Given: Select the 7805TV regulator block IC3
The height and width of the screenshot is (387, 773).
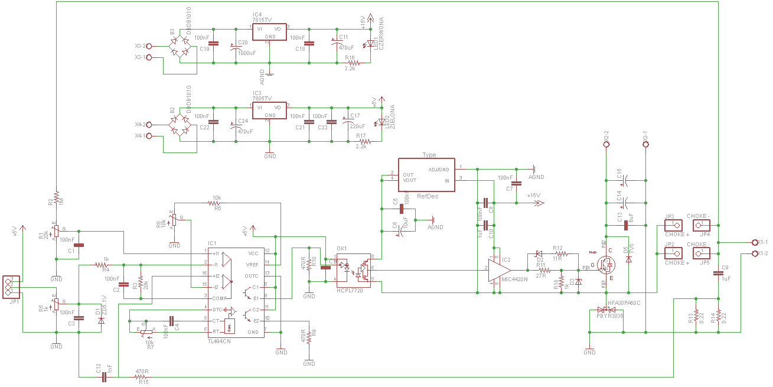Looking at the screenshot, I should pos(269,110).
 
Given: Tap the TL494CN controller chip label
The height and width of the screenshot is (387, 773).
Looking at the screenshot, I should pos(220,342).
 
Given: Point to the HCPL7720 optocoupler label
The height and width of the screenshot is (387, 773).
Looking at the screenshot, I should pos(350,291).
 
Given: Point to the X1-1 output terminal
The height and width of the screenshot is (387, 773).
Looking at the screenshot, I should pos(755,242).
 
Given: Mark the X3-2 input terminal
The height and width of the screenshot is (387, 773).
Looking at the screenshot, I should pos(148,45).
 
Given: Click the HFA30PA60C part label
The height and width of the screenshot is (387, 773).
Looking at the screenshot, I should pos(624,303).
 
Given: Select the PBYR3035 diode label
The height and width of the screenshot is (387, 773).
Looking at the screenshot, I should pos(609,316).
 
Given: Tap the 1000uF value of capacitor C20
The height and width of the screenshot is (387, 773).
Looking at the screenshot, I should pos(246,53).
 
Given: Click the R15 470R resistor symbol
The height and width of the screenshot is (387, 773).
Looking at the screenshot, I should pos(141,376).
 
